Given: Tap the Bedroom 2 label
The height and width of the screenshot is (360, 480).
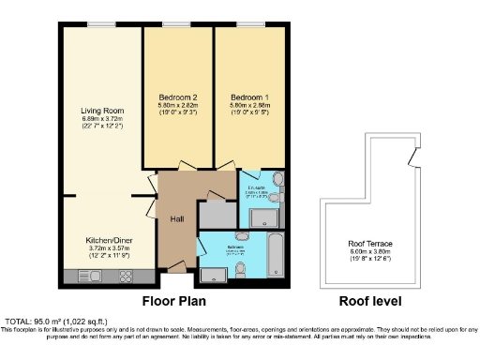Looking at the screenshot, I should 177,97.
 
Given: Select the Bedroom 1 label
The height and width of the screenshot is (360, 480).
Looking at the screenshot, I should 248,97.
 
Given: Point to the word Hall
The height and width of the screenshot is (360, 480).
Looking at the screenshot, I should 176,218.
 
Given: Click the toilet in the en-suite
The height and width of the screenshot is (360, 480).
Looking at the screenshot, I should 277,180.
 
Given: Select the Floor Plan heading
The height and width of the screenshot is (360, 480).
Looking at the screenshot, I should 173,302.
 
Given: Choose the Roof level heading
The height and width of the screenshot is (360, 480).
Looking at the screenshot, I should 369,302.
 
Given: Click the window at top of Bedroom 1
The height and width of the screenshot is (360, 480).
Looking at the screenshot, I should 248,25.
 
